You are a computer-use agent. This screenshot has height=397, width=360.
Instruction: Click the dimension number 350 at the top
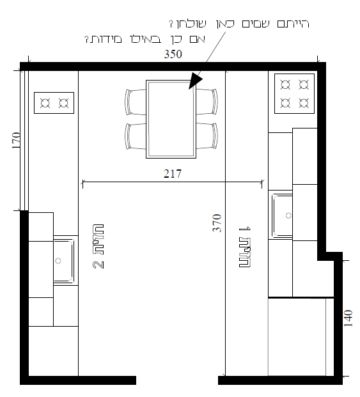tap(173, 54)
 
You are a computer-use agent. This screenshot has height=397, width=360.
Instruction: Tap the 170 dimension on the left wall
tap(16, 140)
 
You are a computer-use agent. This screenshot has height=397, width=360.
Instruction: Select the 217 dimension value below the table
tap(173, 174)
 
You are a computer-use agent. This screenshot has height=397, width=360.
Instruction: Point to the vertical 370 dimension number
tap(217, 223)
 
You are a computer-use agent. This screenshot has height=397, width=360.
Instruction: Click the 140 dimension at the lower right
tap(348, 318)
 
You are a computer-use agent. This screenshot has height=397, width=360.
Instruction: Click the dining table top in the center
tap(171, 120)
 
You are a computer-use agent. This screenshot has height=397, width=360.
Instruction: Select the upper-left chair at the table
tap(136, 102)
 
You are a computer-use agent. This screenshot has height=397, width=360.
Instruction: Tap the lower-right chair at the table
tap(207, 136)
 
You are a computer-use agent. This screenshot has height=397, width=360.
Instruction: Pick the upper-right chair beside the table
tap(207, 102)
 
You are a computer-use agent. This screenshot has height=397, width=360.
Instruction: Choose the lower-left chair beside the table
tap(136, 136)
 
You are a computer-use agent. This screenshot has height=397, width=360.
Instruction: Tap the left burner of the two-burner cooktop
tap(45, 103)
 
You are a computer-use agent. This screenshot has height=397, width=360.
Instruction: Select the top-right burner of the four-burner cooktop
tap(304, 84)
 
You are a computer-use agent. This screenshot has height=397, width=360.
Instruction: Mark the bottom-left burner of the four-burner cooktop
tap(285, 103)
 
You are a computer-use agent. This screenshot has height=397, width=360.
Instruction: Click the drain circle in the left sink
tap(58, 261)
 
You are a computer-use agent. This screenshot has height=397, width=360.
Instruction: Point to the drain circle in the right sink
tap(288, 215)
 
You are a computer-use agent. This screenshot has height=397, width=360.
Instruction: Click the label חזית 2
tap(98, 246)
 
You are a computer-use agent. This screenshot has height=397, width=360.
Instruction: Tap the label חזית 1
tap(245, 247)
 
